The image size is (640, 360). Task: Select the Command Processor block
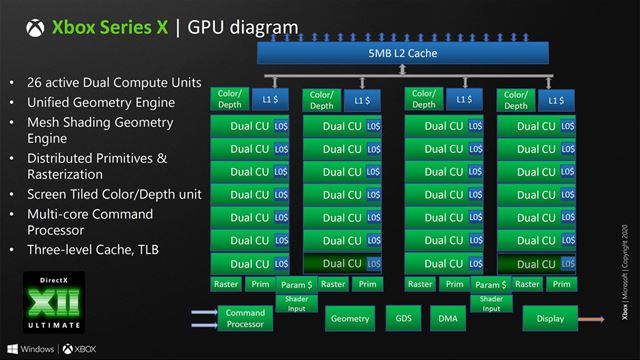click(x=245, y=319)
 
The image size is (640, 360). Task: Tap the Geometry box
click(x=350, y=319)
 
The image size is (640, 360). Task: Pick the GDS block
click(x=405, y=319)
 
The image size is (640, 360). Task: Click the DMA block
click(x=446, y=319)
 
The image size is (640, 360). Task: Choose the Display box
click(x=550, y=319)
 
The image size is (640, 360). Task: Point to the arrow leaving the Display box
click(x=594, y=319)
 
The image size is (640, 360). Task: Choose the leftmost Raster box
click(x=226, y=284)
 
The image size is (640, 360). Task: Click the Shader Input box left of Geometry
click(x=297, y=303)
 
